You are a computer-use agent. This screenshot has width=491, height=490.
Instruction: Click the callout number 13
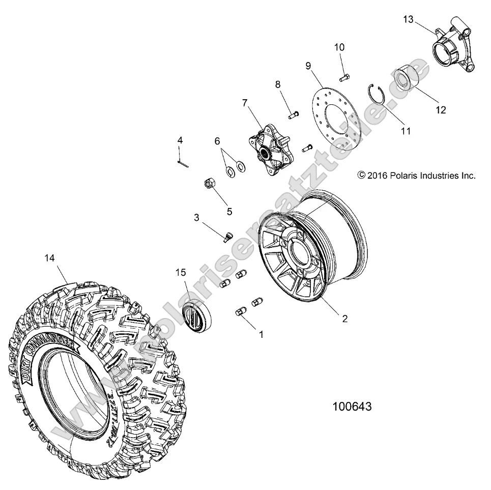(x=409, y=19)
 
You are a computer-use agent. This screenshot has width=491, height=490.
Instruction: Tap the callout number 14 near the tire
(x=49, y=258)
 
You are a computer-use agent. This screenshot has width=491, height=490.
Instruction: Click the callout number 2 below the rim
(x=344, y=319)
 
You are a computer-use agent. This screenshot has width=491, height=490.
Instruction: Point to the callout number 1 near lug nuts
(x=262, y=335)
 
